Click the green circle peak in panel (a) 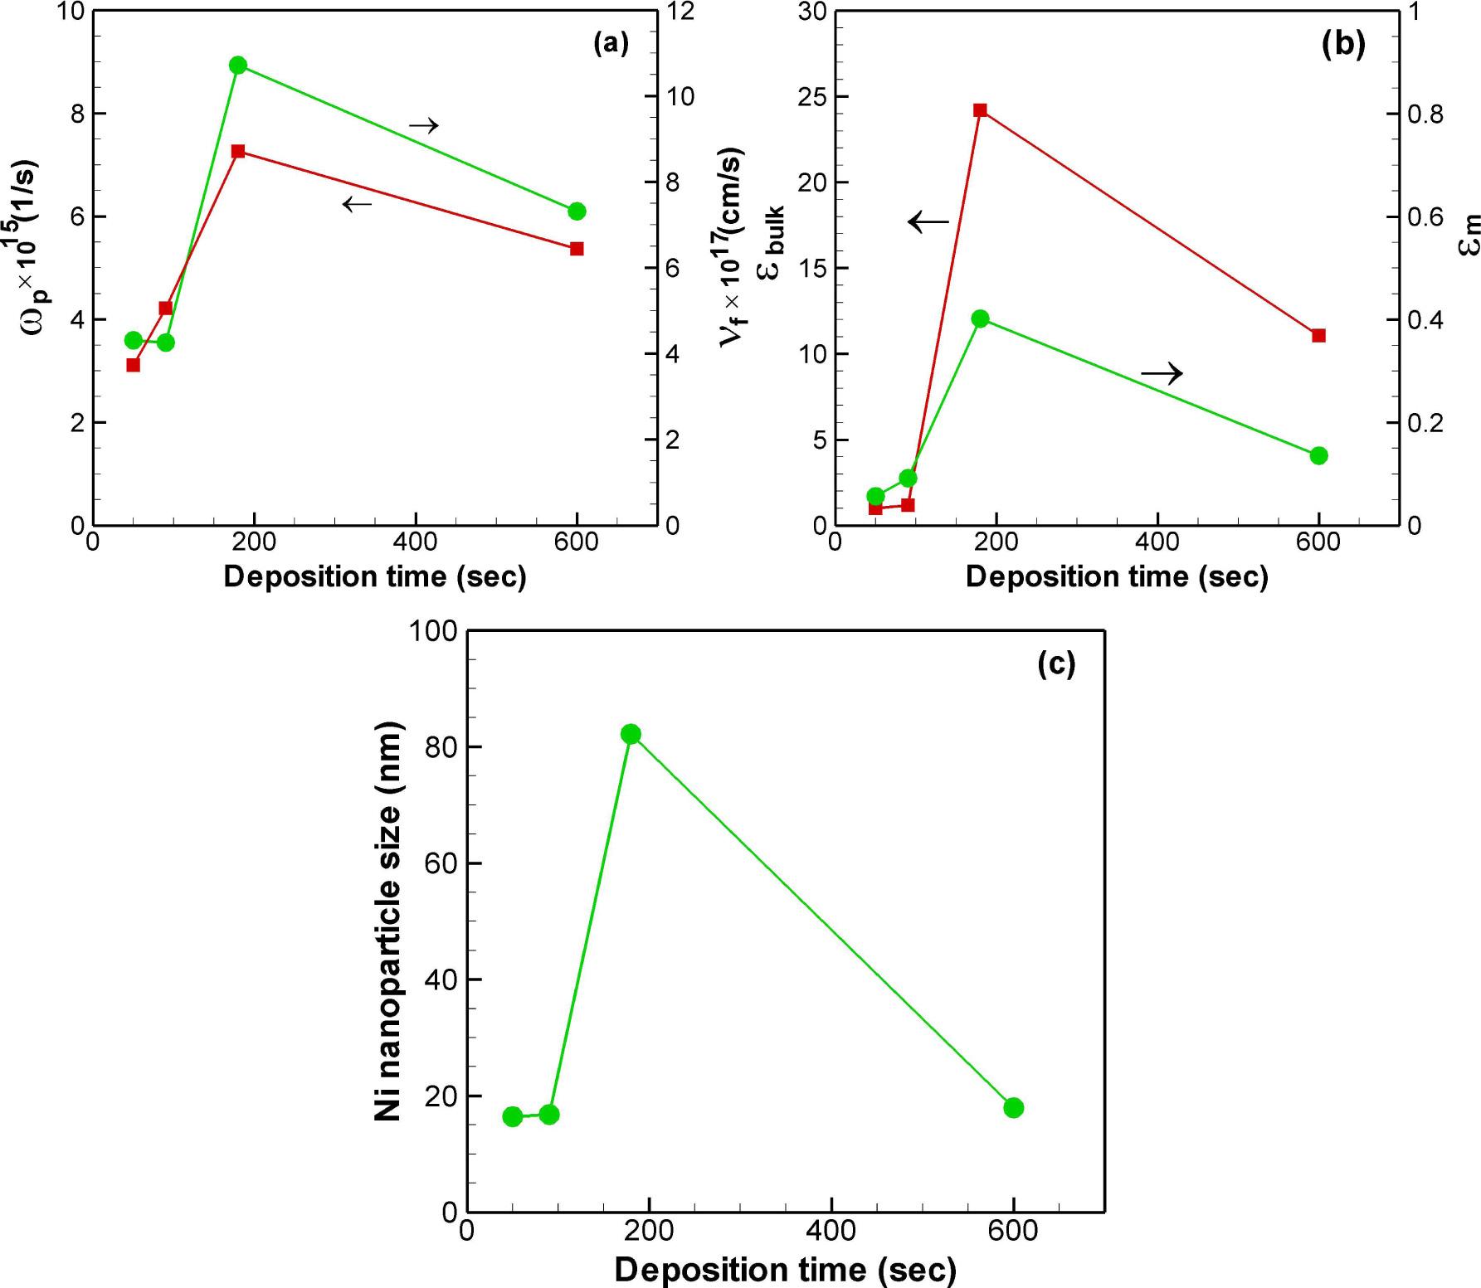tap(238, 66)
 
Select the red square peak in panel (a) tap(238, 151)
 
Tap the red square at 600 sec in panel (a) tap(577, 249)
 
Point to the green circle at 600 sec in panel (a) tap(577, 211)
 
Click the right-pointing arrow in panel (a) tap(423, 126)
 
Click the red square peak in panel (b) tap(980, 110)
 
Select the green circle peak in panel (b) tap(980, 318)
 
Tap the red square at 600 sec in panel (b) tap(1318, 335)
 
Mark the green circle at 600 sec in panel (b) tap(1318, 455)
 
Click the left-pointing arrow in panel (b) tap(928, 221)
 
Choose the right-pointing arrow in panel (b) tap(1162, 374)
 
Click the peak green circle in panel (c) tap(631, 734)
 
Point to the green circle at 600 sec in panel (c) tap(1013, 1107)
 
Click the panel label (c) tap(1056, 663)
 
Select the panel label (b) tap(1343, 44)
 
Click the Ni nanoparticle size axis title tap(388, 921)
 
